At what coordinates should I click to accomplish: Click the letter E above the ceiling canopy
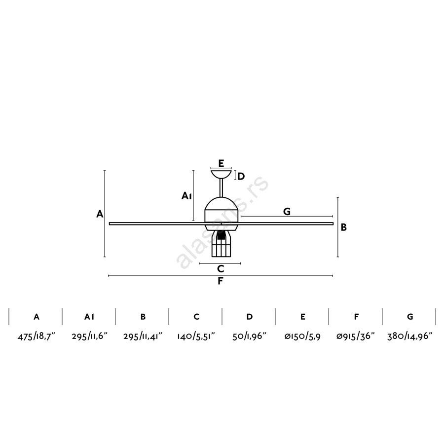click(x=221, y=163)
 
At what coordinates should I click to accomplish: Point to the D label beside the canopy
click(x=241, y=177)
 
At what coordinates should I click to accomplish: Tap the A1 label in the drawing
click(x=187, y=195)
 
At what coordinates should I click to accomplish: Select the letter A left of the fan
click(x=100, y=214)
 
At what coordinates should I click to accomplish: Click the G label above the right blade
click(x=287, y=211)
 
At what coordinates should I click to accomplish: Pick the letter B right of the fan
click(x=344, y=227)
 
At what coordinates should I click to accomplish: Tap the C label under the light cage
click(x=221, y=269)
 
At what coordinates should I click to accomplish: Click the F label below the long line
click(x=221, y=281)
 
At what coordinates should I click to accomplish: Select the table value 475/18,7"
click(x=36, y=336)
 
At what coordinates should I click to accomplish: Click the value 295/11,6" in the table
click(x=89, y=336)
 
